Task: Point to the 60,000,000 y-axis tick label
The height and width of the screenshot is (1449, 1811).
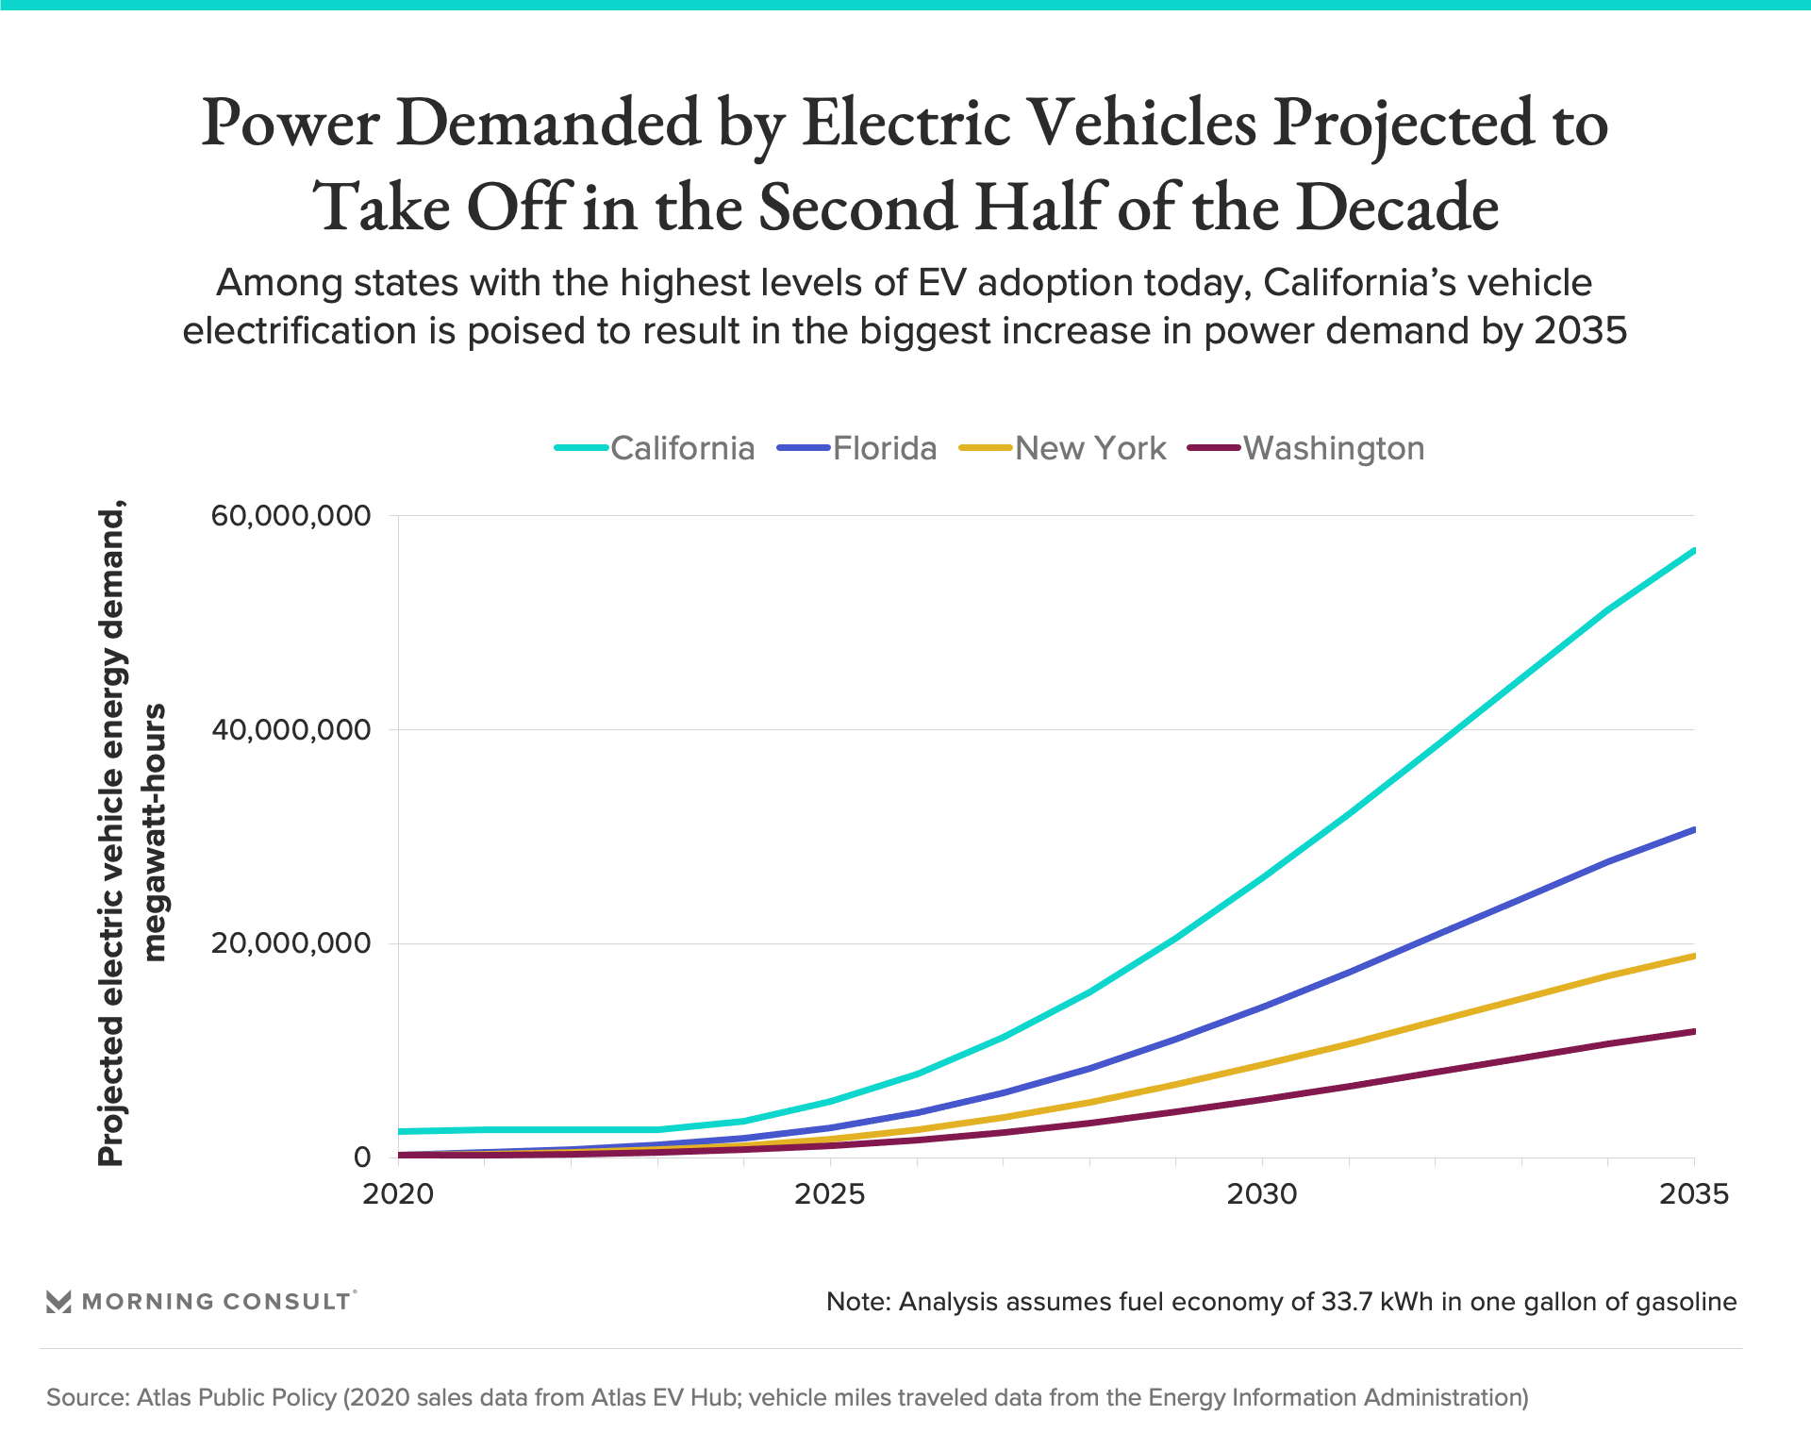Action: [291, 515]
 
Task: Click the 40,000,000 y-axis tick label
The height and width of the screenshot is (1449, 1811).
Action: [291, 729]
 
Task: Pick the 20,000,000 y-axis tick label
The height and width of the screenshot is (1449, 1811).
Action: [291, 943]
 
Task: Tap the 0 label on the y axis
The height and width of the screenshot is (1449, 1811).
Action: [362, 1158]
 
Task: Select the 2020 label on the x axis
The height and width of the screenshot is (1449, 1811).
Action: [398, 1194]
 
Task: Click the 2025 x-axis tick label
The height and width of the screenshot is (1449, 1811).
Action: [830, 1194]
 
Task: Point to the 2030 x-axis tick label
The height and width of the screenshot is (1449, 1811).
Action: [1262, 1194]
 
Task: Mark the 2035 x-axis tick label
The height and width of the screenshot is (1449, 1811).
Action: [1694, 1194]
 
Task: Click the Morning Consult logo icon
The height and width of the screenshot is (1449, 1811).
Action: [58, 1302]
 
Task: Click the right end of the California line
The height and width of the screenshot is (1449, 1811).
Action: [1694, 550]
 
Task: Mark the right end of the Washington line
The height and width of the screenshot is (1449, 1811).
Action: [1694, 1031]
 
